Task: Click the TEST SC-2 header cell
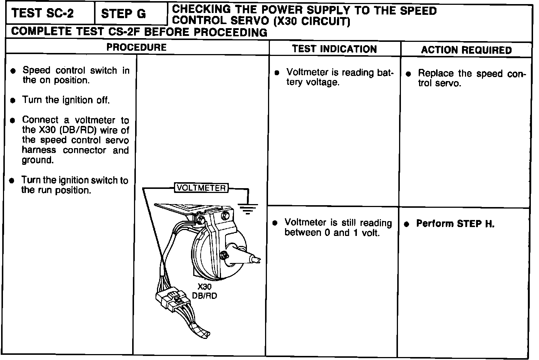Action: (43, 14)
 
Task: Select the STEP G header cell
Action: (124, 14)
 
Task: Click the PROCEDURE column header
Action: (137, 47)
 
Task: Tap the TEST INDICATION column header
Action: (334, 49)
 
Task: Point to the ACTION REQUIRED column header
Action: (466, 50)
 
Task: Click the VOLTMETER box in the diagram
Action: (201, 188)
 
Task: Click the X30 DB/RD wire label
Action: (204, 291)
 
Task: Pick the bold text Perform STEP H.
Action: (455, 224)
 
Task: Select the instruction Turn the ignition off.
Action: (66, 100)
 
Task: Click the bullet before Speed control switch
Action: (14, 71)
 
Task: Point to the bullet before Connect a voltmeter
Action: (13, 120)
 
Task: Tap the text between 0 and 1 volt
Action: (332, 233)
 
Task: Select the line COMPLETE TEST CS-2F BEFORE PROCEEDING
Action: (139, 32)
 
